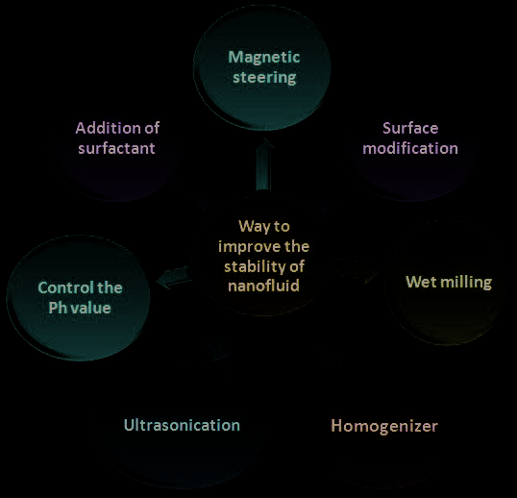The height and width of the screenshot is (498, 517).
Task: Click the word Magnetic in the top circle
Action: (x=264, y=58)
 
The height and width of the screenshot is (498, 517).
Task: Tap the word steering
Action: (x=264, y=78)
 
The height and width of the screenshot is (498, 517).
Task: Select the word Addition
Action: (x=109, y=128)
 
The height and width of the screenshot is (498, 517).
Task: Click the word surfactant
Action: (x=116, y=148)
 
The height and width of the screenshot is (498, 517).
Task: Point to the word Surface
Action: (x=410, y=128)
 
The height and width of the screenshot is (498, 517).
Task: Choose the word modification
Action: (x=410, y=148)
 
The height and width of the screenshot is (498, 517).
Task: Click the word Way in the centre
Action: (x=253, y=227)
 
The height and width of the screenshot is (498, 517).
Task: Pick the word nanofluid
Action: (x=263, y=286)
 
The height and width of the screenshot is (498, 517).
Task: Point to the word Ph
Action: (x=58, y=308)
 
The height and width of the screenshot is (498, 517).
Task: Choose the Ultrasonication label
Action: (x=182, y=425)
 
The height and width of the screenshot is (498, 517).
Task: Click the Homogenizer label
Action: (x=384, y=427)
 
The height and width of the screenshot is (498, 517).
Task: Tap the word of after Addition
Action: (x=152, y=128)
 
